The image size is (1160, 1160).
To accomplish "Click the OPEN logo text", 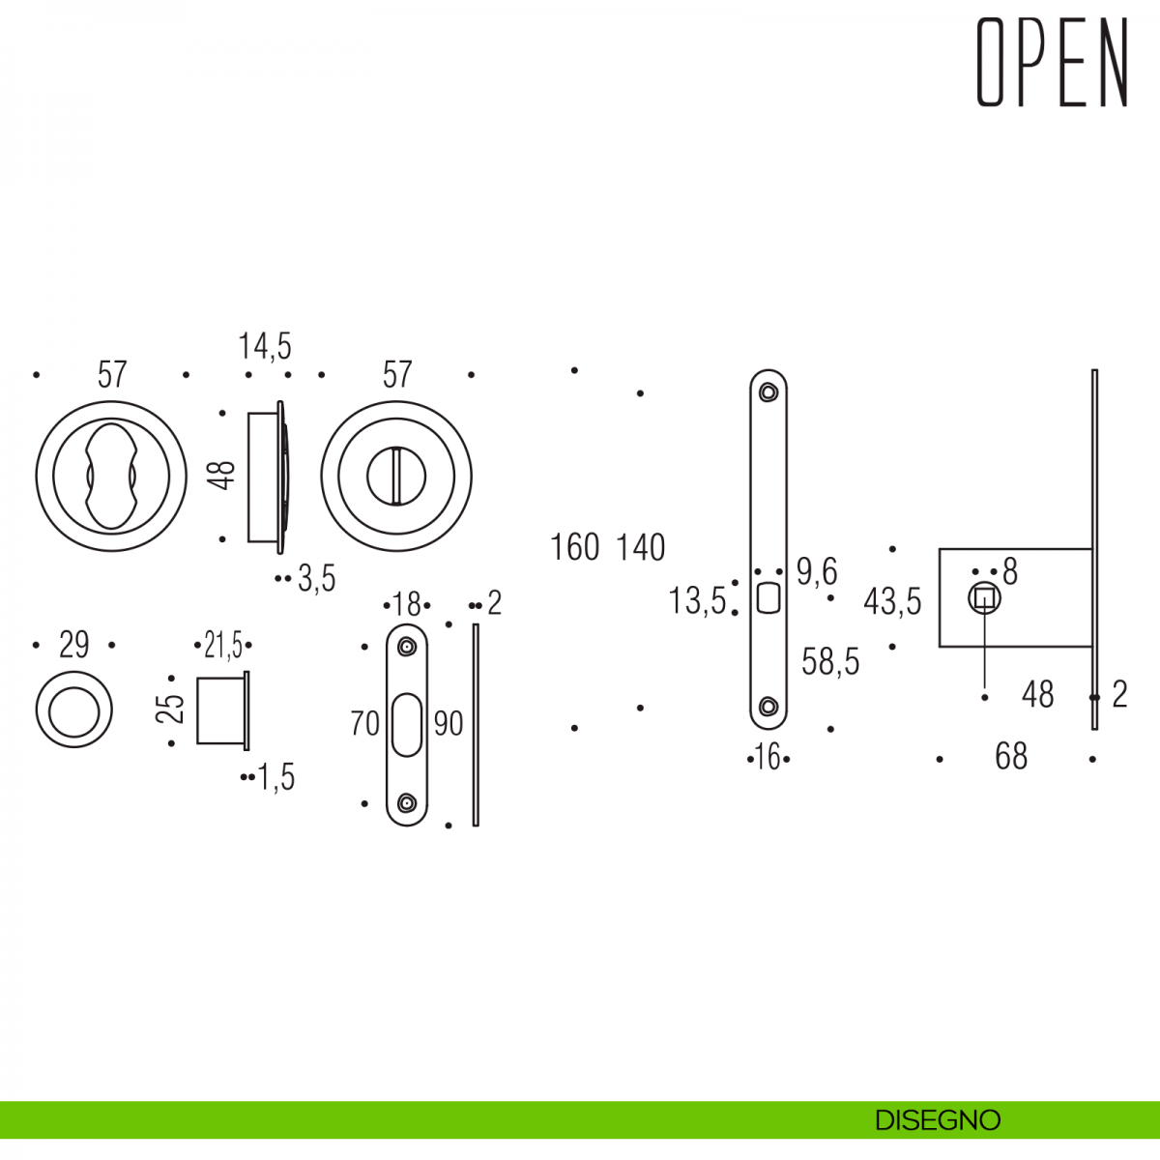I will coord(1052,63).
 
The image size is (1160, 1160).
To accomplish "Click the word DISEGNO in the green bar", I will coord(937,1120).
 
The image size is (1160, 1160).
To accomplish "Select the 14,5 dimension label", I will coord(265,346).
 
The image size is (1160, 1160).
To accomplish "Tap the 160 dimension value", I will coord(575,548).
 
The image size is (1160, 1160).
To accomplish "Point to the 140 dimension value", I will coord(641,548).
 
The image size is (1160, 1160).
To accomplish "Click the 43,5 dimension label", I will coord(892,601).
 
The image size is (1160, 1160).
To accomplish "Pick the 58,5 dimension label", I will coord(830,662).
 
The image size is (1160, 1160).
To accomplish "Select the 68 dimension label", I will coord(1011,757).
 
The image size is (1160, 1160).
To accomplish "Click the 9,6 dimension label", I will coord(817,572).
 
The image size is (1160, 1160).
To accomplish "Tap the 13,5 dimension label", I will coord(697,601).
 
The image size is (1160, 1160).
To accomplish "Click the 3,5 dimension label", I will coord(316,579).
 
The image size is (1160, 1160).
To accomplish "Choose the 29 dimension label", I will coord(74,645).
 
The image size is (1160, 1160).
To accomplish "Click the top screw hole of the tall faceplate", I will coord(768,392).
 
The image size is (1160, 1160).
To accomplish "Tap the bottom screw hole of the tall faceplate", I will coord(768,707).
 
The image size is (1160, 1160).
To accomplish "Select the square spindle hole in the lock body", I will coord(984,599).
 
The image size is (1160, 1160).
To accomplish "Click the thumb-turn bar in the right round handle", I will coord(396,476).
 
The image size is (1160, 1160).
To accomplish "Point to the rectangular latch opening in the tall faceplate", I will coord(768,598).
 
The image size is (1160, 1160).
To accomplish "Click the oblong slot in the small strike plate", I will coord(407,724).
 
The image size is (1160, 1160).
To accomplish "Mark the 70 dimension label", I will coord(365,723).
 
